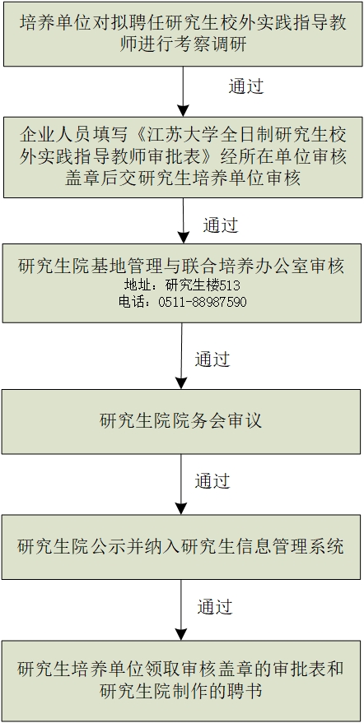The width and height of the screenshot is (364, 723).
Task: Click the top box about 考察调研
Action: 183,34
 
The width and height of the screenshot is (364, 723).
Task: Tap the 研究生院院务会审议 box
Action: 181,421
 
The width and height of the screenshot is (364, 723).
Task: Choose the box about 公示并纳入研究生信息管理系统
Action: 181,547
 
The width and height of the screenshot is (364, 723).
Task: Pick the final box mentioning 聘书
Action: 181,681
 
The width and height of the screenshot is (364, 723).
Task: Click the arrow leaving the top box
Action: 183,91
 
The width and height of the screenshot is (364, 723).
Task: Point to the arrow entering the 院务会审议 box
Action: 181,356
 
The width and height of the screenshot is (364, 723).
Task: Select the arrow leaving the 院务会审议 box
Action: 181,484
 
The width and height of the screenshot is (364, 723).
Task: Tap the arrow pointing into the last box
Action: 181,609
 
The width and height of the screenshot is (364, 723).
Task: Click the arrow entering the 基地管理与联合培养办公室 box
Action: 184,220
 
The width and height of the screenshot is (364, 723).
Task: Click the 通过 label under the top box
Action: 246,86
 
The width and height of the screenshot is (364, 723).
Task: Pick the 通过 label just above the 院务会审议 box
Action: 212,359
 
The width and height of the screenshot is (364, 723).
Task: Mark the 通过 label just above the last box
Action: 215,606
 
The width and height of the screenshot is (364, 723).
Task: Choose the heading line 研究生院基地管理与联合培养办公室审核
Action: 181,266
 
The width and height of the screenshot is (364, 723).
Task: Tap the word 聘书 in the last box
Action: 245,691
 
